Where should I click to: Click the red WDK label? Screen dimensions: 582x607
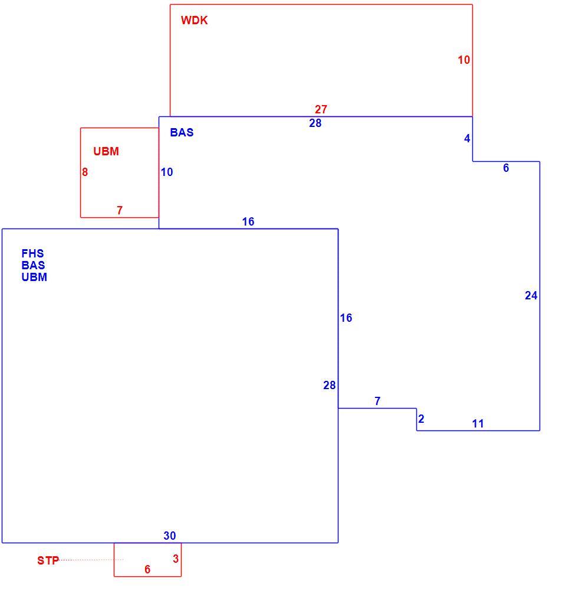(194, 20)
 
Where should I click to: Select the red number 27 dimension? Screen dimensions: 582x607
(321, 109)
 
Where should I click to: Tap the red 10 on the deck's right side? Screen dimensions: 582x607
(464, 60)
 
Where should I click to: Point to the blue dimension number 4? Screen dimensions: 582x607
(467, 138)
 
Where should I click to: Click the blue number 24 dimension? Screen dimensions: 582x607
(531, 295)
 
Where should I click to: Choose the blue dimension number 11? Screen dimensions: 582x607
(478, 423)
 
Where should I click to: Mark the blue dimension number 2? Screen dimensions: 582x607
(421, 419)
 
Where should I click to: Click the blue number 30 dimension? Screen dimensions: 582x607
(170, 536)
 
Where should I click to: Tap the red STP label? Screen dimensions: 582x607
(48, 560)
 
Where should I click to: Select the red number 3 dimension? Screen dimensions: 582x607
(176, 559)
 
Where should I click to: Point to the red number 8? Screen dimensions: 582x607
(85, 172)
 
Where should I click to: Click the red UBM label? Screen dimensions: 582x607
(106, 151)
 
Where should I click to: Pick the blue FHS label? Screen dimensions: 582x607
(32, 253)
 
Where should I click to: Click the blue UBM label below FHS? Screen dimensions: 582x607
(34, 277)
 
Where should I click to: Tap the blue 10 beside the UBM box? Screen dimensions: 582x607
(167, 172)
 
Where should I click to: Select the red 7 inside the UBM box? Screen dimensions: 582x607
(120, 210)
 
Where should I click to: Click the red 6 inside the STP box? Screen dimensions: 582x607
(147, 569)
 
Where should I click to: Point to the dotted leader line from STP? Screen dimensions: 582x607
(91, 560)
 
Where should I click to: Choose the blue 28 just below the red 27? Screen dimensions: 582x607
(315, 123)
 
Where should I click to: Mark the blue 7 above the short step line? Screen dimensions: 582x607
(377, 401)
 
